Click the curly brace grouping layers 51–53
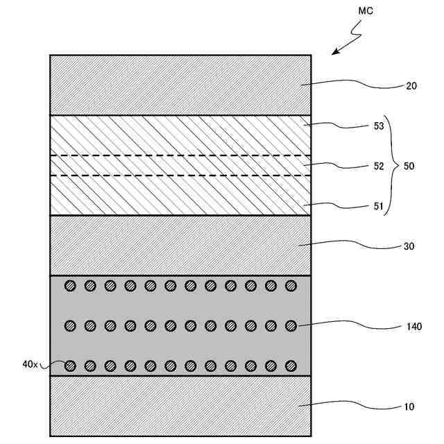pyautogui.click(x=391, y=166)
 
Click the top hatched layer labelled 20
pyautogui.click(x=180, y=85)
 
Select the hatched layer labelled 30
pyautogui.click(x=180, y=246)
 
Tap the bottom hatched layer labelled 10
pyautogui.click(x=180, y=406)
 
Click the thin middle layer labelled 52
pyautogui.click(x=180, y=166)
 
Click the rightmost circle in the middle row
pyautogui.click(x=291, y=325)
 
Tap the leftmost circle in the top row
pyautogui.click(x=69, y=285)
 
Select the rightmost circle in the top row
pyautogui.click(x=291, y=285)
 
